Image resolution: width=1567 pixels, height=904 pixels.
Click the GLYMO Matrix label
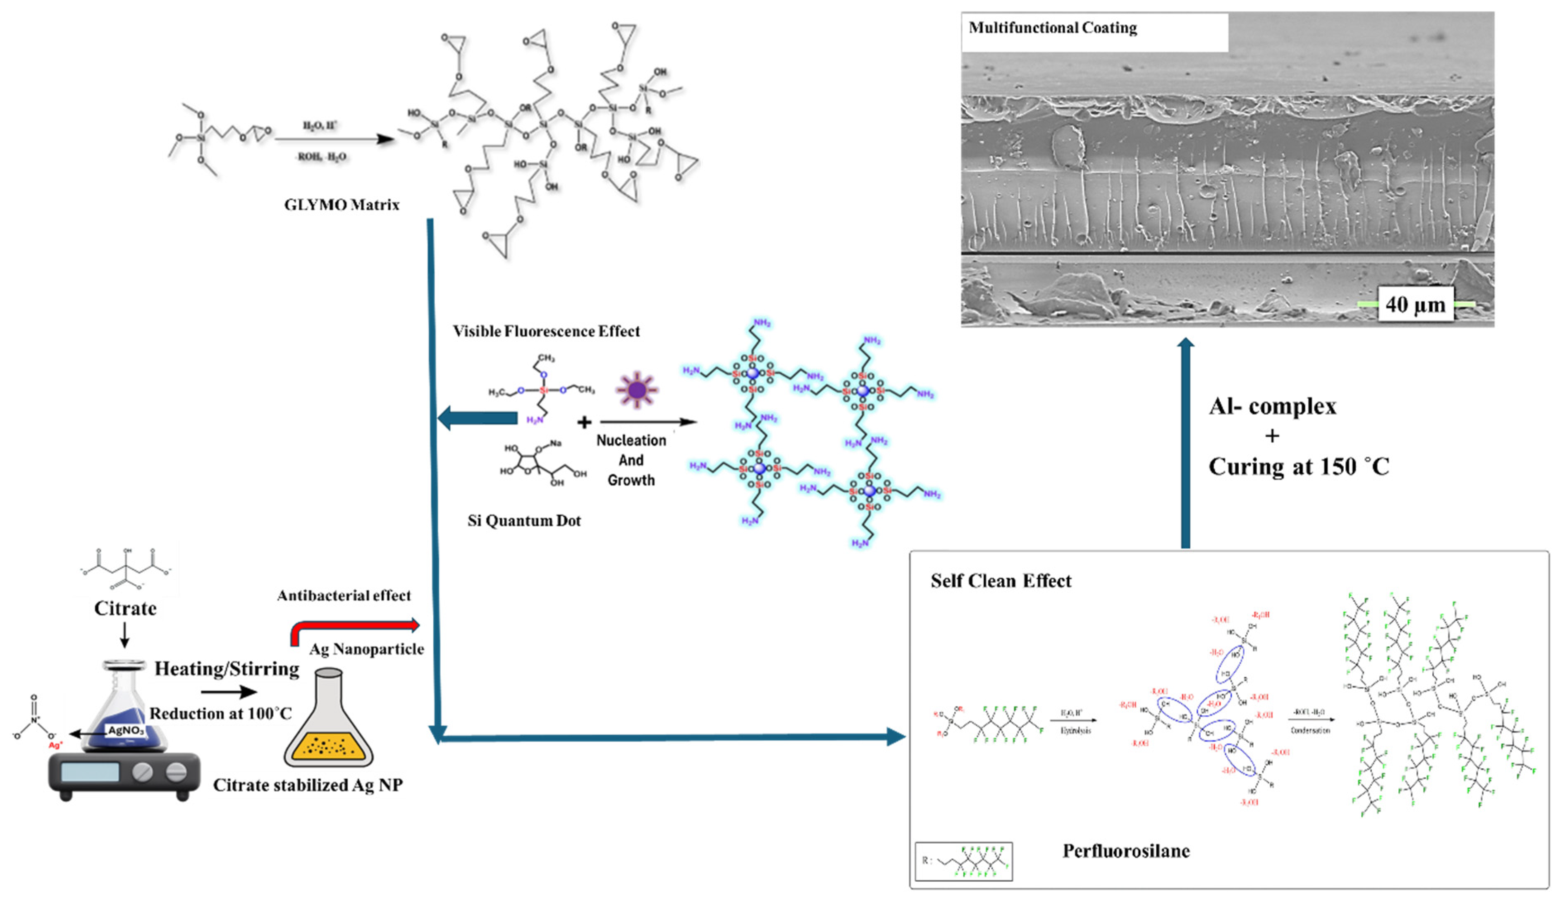coord(342,205)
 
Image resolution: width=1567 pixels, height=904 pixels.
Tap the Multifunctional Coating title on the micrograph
coord(1053,28)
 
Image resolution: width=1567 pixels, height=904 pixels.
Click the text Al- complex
coord(1272,407)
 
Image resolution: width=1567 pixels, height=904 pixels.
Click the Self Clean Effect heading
coord(1001,581)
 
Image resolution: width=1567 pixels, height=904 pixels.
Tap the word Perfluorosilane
coord(1126,851)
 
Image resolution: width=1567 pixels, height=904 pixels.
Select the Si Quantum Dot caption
coord(524,521)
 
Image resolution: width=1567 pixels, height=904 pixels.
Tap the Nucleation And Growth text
coord(631,460)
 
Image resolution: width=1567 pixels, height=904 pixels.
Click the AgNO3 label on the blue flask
coord(126,730)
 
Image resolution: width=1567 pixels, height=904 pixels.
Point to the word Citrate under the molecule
coord(125,608)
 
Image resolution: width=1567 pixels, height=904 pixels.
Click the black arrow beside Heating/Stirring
coord(228,692)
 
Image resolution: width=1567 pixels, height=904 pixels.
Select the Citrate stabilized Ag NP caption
coord(308,785)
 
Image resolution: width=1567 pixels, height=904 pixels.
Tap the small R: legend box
coord(963,861)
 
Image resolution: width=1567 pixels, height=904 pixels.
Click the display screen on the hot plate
coord(90,772)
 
